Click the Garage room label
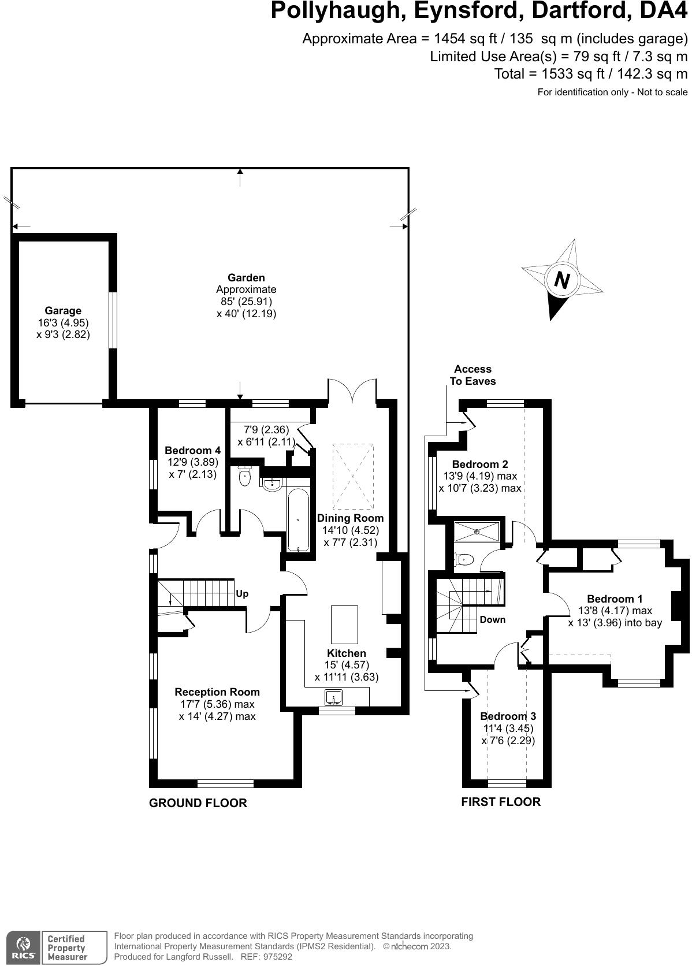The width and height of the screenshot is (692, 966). (63, 311)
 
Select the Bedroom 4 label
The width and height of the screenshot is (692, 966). (192, 451)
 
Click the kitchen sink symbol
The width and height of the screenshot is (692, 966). (334, 699)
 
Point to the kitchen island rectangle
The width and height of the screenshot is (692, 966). (344, 625)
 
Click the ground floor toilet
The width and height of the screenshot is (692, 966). (245, 477)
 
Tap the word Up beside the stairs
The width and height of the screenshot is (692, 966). (242, 594)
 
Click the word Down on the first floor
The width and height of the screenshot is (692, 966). (492, 620)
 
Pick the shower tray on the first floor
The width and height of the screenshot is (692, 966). (477, 532)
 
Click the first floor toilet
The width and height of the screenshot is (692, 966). (465, 559)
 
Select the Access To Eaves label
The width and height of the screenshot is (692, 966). (473, 375)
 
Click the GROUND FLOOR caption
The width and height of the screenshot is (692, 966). (198, 803)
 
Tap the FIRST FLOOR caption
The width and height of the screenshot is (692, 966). (501, 802)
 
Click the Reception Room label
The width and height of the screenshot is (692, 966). (217, 692)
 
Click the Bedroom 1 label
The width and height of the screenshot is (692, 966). (615, 599)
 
